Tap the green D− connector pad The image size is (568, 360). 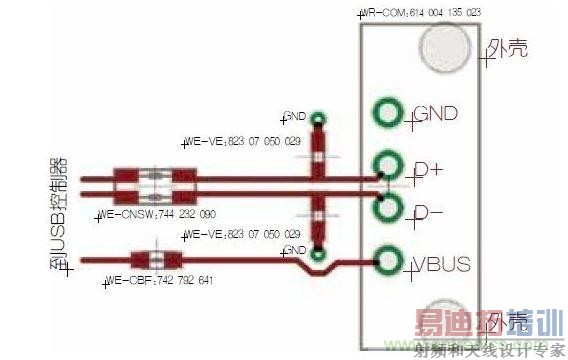click(386, 210)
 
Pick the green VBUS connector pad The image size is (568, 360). click(386, 262)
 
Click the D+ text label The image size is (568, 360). click(428, 170)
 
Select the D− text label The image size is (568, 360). click(428, 213)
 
